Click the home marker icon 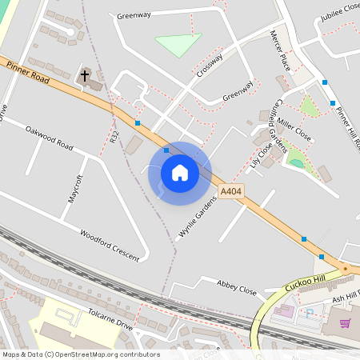tap(180, 173)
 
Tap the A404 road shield tap(230, 191)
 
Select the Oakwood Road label tap(49, 138)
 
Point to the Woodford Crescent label tap(110, 246)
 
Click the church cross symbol tap(85, 76)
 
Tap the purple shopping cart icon tap(346, 323)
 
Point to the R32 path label tap(115, 138)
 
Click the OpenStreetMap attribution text tap(80, 354)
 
